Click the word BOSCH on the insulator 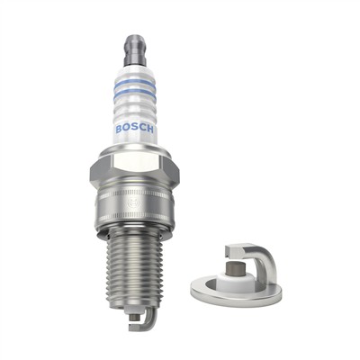[136, 128]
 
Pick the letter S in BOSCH [136, 129]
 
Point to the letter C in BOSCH [144, 129]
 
